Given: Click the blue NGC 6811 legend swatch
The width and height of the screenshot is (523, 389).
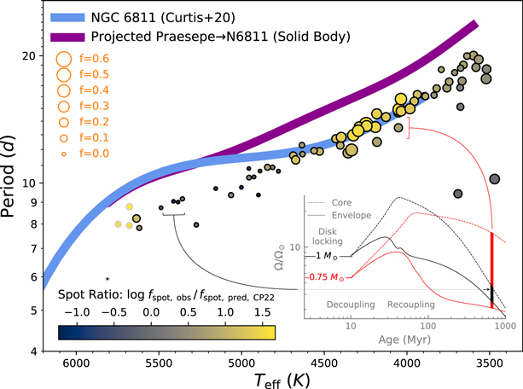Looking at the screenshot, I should click(x=71, y=16).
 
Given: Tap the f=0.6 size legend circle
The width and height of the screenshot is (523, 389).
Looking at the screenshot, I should click(x=62, y=59).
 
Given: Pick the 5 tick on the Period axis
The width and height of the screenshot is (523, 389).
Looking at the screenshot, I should click(x=38, y=311).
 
